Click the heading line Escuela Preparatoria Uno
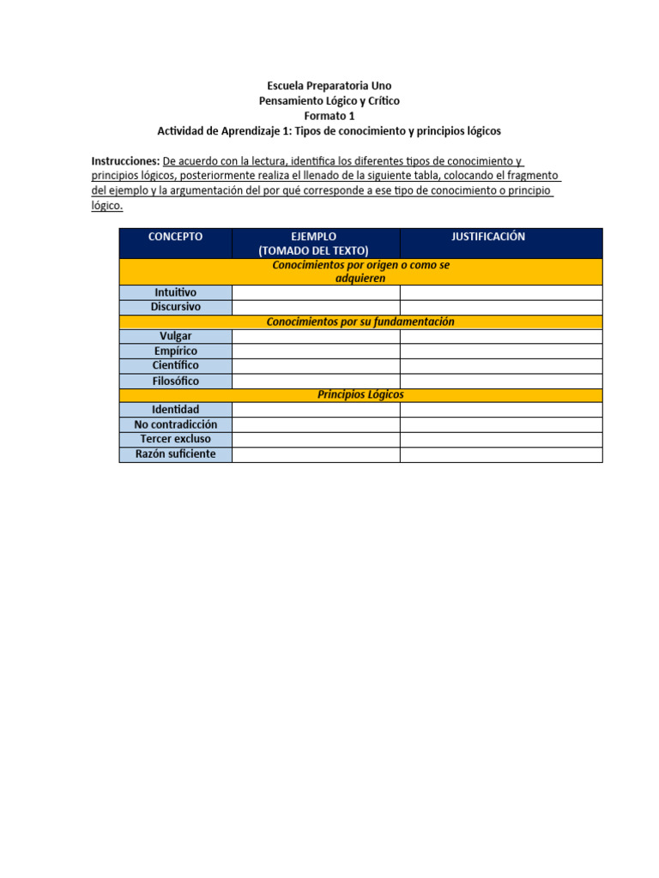[x=329, y=86]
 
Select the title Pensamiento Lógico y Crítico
[x=329, y=100]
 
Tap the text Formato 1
[x=329, y=116]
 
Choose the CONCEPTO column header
[x=175, y=237]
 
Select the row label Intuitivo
[x=175, y=292]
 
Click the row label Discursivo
[x=175, y=306]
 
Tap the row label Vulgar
[x=175, y=336]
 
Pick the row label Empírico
[x=175, y=351]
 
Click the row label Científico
[x=175, y=365]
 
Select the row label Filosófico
[x=175, y=380]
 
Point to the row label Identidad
[x=175, y=410]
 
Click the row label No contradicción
[x=175, y=424]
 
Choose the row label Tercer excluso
[x=175, y=439]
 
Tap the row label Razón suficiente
[x=175, y=454]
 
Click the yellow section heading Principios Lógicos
[x=360, y=394]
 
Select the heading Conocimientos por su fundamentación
[x=360, y=322]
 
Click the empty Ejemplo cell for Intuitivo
[x=315, y=292]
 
